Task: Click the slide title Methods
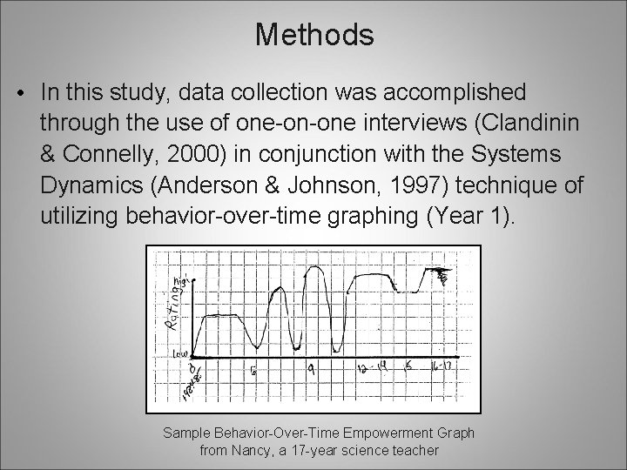pyautogui.click(x=314, y=35)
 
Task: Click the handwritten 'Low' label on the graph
pyautogui.click(x=180, y=354)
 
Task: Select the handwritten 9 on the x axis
pyautogui.click(x=311, y=369)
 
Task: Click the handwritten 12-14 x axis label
pyautogui.click(x=376, y=370)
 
